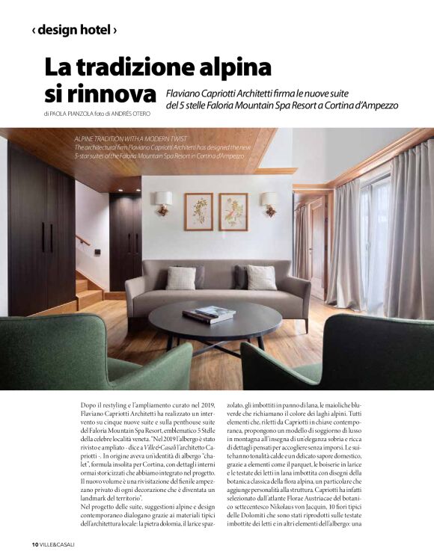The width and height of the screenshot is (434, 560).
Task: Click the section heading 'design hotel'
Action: click(73, 31)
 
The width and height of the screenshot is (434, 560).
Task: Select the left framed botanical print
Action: click(198, 211)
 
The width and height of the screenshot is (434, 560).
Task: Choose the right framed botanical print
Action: click(233, 211)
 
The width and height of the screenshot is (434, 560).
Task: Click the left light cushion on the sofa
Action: click(180, 278)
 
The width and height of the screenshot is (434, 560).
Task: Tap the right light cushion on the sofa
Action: click(261, 277)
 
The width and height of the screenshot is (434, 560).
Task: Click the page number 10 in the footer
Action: click(34, 544)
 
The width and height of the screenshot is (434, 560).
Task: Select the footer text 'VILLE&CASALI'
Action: click(58, 544)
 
